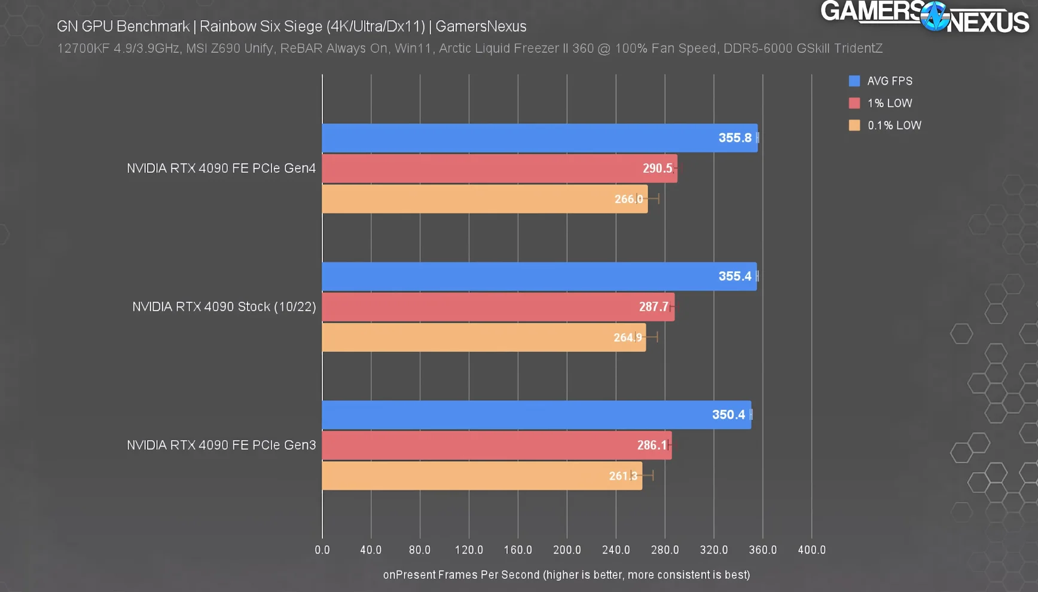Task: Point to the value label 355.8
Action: [x=735, y=138]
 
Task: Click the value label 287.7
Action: [x=654, y=307]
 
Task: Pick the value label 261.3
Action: [x=623, y=476]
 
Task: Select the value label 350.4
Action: [x=728, y=415]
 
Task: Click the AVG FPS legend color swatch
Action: [x=854, y=81]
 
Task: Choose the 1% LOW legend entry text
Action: [x=890, y=103]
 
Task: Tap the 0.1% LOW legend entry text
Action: [x=894, y=125]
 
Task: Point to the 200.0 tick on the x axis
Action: [x=567, y=550]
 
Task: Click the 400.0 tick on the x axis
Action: [x=811, y=550]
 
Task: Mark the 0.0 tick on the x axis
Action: [x=322, y=550]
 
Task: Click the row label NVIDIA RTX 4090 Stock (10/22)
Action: [x=224, y=307]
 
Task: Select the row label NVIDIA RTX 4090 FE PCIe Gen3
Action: [x=221, y=446]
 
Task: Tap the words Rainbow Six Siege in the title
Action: [x=261, y=26]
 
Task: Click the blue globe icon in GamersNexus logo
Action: [x=934, y=16]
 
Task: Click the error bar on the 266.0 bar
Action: [x=653, y=199]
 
